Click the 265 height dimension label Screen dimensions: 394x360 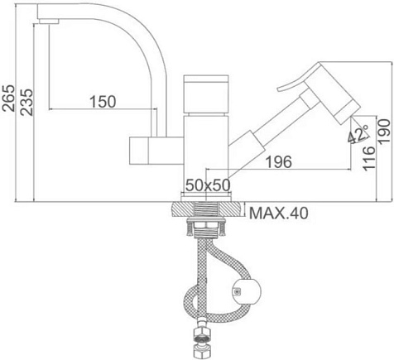point(8,98)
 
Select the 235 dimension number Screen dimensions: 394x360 point(27,102)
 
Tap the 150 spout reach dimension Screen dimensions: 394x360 point(103,102)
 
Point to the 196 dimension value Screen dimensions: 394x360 point(278,161)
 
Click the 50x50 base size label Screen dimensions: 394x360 point(208,185)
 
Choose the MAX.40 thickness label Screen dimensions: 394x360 point(279,213)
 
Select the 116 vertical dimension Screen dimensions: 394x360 point(369,158)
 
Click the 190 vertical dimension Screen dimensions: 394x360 point(384,132)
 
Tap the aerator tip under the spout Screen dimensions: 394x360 point(49,22)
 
